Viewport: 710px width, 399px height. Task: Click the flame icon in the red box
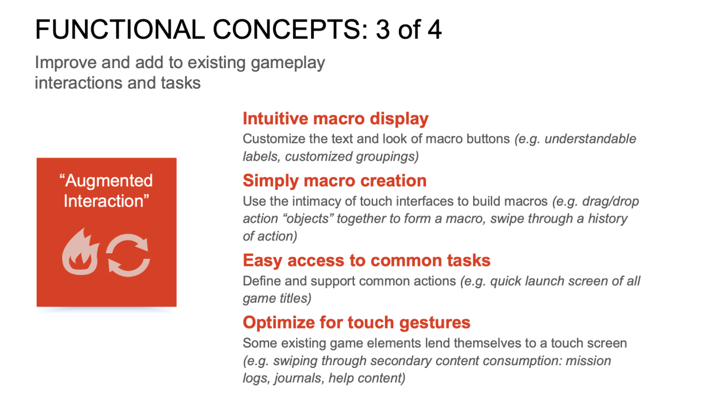80,253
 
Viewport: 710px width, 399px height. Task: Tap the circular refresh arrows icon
128,255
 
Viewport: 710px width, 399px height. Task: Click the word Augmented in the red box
109,181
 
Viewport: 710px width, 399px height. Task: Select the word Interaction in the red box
104,201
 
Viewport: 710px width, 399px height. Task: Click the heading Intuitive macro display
336,119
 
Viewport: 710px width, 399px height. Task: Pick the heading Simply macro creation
334,181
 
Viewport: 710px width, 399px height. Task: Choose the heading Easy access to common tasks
367,260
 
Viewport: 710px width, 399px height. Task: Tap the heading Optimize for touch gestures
357,323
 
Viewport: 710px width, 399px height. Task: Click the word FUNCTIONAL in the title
120,29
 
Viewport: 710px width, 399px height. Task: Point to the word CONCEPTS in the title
290,29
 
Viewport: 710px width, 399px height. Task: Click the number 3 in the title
383,29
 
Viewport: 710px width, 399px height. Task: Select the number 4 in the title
434,29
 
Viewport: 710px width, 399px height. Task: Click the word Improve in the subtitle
65,63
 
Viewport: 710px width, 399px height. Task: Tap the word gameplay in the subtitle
288,63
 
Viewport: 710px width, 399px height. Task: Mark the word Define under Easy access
261,281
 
